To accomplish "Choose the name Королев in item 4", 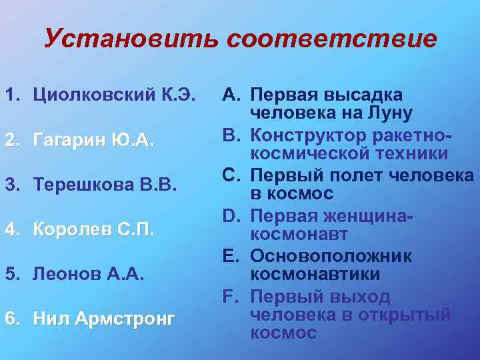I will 69,229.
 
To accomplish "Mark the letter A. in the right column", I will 232,95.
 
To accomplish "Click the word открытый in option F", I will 409,315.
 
